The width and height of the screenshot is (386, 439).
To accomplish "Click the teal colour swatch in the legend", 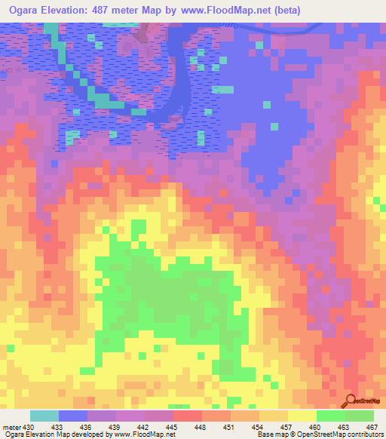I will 44,416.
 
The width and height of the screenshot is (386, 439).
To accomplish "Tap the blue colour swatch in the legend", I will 73,416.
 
